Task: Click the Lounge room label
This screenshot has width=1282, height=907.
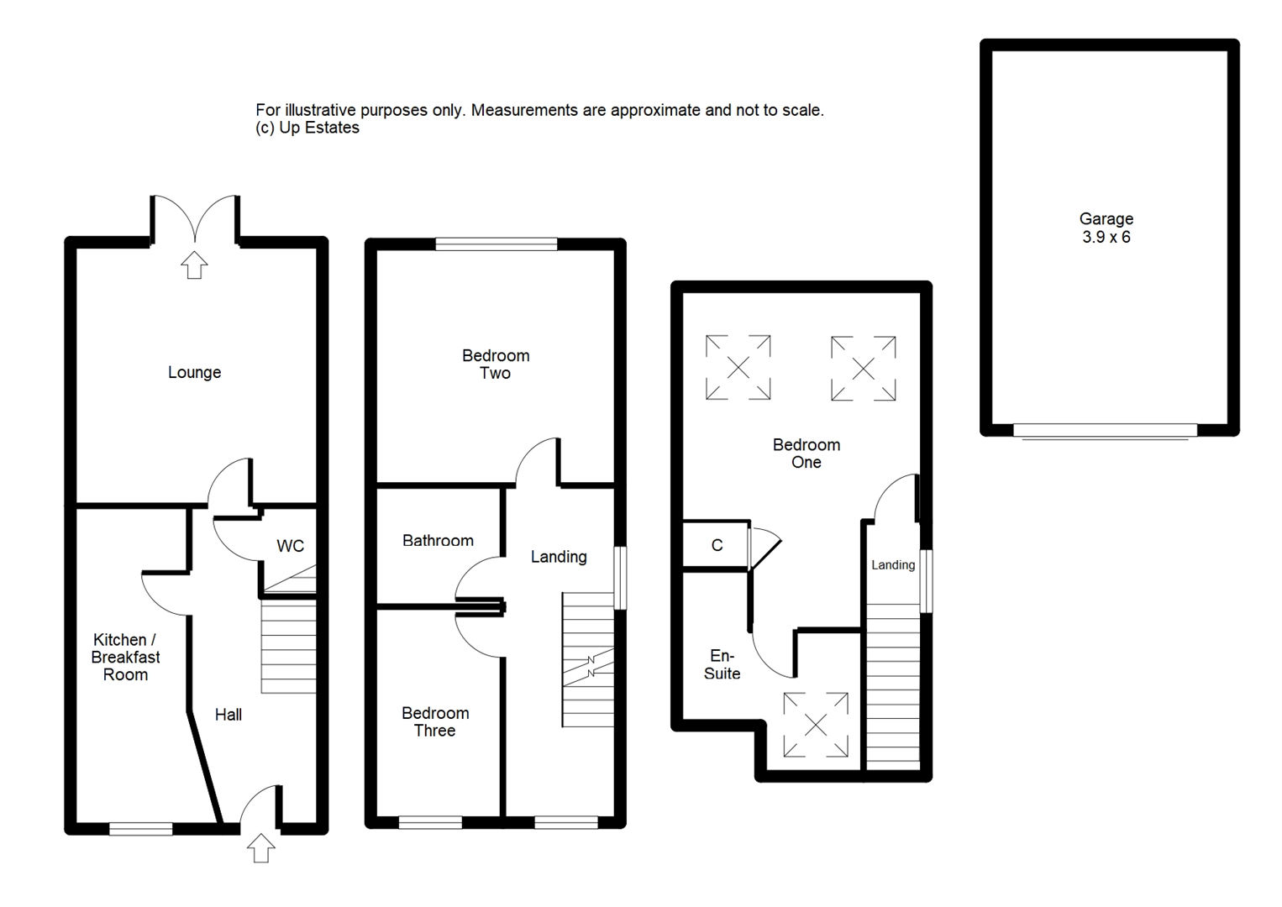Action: pyautogui.click(x=195, y=373)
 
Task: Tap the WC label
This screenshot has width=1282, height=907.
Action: pyautogui.click(x=290, y=547)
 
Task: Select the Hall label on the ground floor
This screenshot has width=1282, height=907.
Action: pyautogui.click(x=229, y=715)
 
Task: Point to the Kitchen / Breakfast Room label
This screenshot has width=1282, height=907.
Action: pyautogui.click(x=125, y=657)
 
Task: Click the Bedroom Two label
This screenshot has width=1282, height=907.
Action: pyautogui.click(x=496, y=364)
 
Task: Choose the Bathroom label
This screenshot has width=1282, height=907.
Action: pyautogui.click(x=438, y=541)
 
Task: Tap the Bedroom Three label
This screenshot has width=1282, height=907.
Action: pyautogui.click(x=435, y=721)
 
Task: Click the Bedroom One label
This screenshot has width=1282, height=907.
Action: pyautogui.click(x=807, y=453)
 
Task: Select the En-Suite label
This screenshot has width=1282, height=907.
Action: pyautogui.click(x=722, y=664)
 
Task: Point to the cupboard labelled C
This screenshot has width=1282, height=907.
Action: pyautogui.click(x=717, y=545)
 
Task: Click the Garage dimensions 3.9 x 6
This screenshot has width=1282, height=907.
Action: pyautogui.click(x=1106, y=237)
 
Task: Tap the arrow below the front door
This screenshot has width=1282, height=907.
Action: pyautogui.click(x=261, y=848)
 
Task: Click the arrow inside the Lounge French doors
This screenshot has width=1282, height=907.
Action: pyautogui.click(x=195, y=265)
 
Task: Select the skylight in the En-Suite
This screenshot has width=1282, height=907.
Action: pyautogui.click(x=816, y=725)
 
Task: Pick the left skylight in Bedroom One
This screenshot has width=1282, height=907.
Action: pyautogui.click(x=738, y=367)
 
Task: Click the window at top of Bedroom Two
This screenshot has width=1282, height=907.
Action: pyautogui.click(x=497, y=244)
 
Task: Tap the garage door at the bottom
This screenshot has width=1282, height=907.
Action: pyautogui.click(x=1105, y=431)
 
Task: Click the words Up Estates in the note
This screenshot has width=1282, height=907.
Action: pyautogui.click(x=319, y=128)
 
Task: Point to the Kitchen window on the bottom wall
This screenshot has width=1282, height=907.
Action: pyautogui.click(x=141, y=829)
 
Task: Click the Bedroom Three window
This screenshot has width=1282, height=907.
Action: pyautogui.click(x=430, y=823)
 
